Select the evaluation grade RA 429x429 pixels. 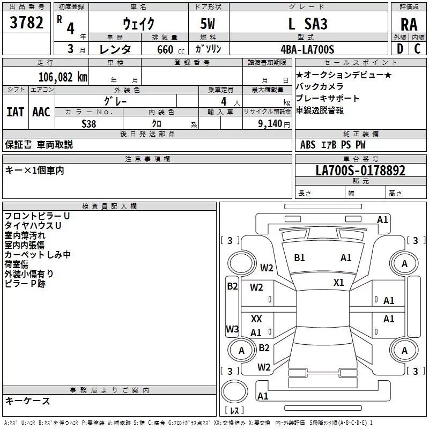[409, 25]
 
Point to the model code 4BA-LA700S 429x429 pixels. [307, 49]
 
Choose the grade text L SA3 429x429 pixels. [308, 24]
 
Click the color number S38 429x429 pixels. [89, 123]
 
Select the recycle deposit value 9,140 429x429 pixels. [270, 123]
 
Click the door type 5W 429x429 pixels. [209, 24]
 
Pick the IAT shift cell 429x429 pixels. [15, 112]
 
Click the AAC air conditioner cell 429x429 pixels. [41, 112]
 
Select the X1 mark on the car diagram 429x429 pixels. [339, 282]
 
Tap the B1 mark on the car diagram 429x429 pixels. [299, 258]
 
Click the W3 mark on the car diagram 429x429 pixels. [232, 329]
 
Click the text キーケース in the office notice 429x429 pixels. [28, 401]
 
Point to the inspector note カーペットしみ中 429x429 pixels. [38, 255]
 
